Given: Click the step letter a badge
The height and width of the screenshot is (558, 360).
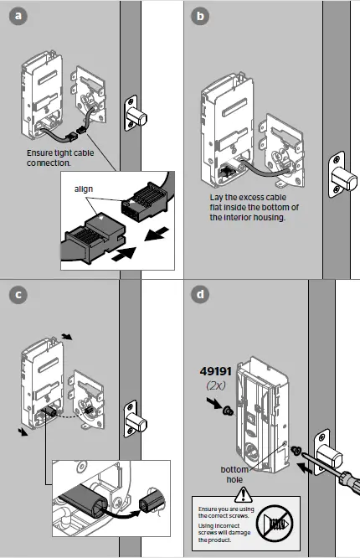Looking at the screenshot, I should click(16, 14).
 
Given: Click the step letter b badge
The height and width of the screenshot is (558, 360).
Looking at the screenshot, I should click(199, 14).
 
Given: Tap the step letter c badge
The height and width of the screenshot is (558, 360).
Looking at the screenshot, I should click(16, 295).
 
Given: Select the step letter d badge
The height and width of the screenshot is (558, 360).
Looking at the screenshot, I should click(199, 295).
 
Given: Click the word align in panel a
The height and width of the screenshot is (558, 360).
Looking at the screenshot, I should click(85, 190).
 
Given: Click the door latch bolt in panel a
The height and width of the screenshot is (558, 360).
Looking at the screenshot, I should click(136, 112).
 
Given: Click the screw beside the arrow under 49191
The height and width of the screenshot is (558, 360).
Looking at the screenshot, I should click(228, 410).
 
